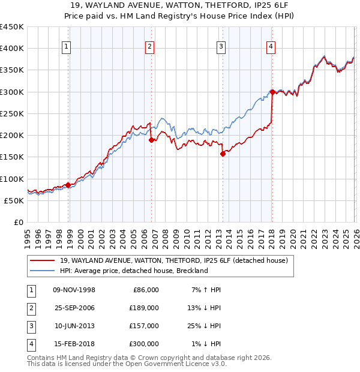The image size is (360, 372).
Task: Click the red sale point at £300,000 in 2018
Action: [272, 92]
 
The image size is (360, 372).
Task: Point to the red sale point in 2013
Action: [223, 154]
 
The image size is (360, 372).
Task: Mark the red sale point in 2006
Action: [151, 140]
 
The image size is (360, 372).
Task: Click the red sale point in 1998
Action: [68, 185]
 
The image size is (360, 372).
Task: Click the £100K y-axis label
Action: [12, 179]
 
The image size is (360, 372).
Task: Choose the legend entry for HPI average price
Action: [133, 271]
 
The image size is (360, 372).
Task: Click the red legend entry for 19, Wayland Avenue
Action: [174, 260]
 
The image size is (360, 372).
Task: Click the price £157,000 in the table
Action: [144, 326]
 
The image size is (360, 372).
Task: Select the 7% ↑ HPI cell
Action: [206, 290]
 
